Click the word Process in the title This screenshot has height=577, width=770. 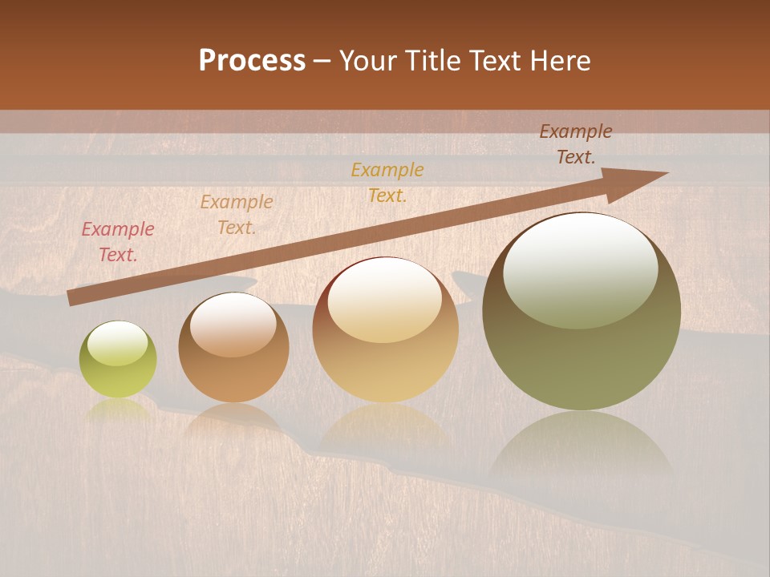252,61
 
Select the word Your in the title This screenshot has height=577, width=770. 368,61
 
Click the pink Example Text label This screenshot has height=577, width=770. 118,242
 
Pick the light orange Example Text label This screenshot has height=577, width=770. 237,215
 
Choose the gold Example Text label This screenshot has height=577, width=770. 387,183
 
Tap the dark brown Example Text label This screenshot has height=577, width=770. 576,144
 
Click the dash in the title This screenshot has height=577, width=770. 322,62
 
